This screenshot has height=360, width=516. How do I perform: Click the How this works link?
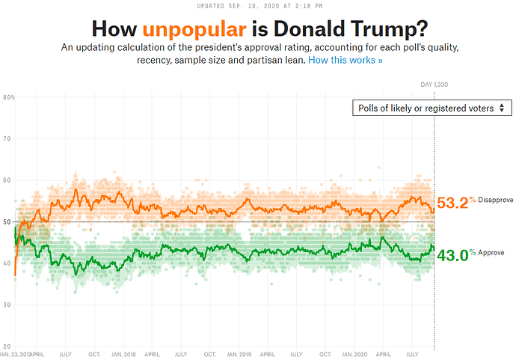345,59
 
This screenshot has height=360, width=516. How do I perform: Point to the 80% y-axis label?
9,97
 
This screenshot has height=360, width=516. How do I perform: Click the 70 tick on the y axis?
7,138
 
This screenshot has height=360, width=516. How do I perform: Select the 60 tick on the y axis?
7,180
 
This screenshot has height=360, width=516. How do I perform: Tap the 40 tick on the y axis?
7,263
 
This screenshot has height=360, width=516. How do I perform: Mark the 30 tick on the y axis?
7,305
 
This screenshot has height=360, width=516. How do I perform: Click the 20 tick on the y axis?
7,346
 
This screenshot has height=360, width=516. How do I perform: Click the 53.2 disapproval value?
452,203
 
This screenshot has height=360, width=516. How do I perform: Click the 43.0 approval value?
452,254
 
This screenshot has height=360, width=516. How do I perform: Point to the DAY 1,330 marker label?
433,84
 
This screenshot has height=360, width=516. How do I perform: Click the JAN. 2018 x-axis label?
123,353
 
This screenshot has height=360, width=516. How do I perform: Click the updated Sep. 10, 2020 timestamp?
258,5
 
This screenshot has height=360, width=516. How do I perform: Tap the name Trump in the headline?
387,29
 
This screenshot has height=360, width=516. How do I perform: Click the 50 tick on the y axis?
7,222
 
